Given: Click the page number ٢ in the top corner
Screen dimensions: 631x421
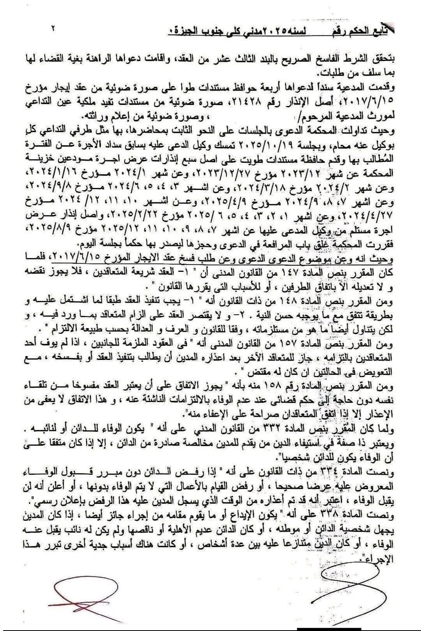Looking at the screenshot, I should click(x=53, y=28).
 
